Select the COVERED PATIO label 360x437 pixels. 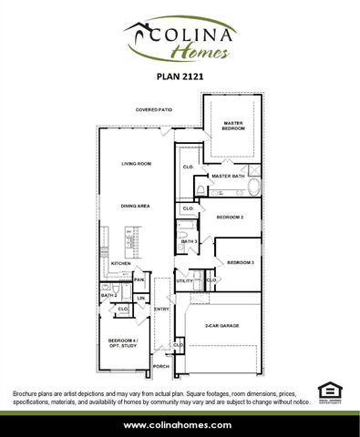coord(154,109)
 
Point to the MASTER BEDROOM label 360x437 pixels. coord(232,127)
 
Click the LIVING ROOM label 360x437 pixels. coord(137,164)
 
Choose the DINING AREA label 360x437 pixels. coord(137,207)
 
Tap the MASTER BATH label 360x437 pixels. coord(225,176)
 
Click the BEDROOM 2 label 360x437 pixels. coord(230,218)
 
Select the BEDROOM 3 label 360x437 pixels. coord(241,262)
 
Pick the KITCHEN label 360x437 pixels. coord(121,264)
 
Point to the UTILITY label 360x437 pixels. coord(185,281)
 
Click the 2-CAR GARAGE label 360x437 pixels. coord(222,325)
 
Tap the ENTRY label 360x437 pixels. coord(162,310)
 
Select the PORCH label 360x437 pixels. coord(161,366)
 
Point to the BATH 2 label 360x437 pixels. coord(109,295)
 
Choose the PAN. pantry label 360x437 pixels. coord(139,280)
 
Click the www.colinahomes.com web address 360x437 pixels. coord(180,425)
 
